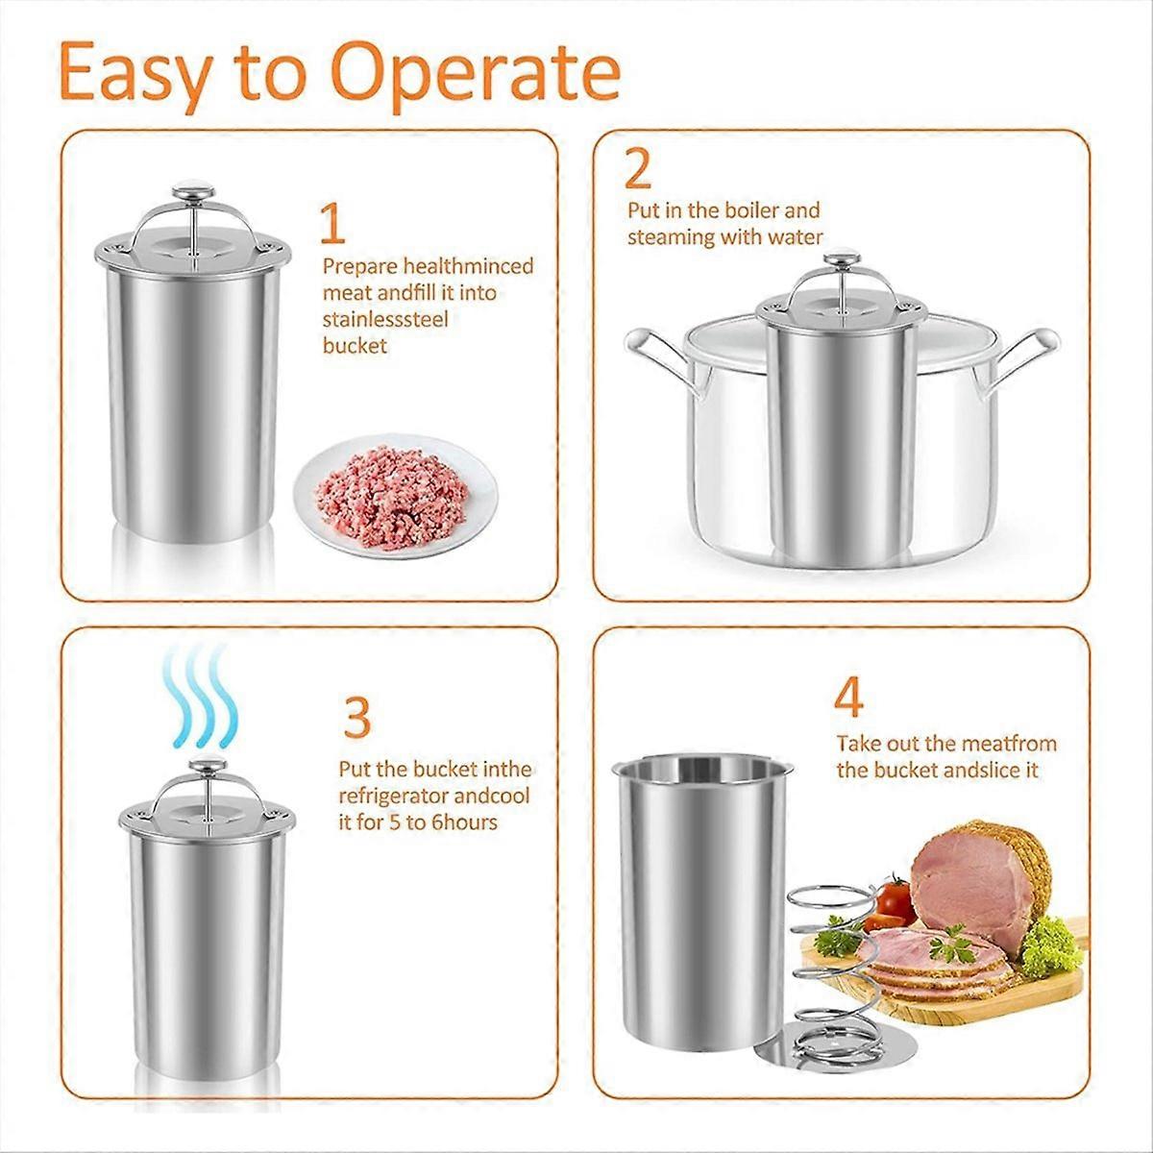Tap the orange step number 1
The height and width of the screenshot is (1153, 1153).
[x=332, y=224]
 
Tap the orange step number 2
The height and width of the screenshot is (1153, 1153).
[x=637, y=169]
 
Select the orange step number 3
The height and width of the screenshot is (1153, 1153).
[x=356, y=717]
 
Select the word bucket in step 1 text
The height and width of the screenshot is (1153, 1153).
[x=355, y=346]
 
